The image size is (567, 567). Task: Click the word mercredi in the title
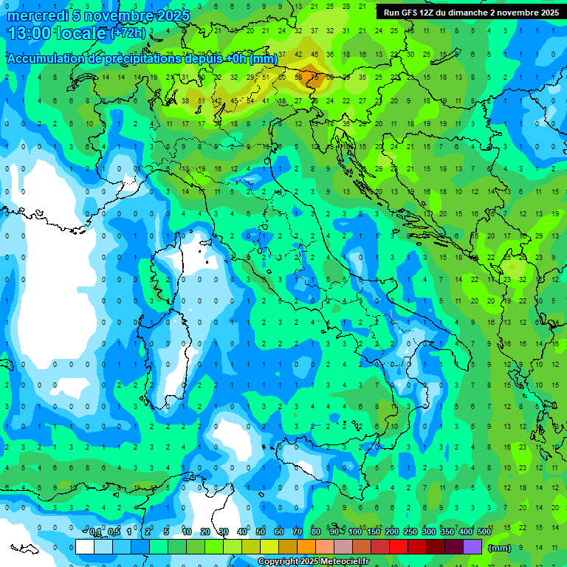pyautogui.click(x=38, y=16)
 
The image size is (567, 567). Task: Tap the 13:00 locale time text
pyautogui.click(x=56, y=33)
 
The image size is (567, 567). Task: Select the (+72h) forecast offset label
pyautogui.click(x=128, y=33)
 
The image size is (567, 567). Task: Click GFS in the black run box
pyautogui.click(x=409, y=13)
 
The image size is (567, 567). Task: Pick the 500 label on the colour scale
pyautogui.click(x=484, y=532)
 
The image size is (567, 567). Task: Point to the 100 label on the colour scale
pyautogui.click(x=355, y=532)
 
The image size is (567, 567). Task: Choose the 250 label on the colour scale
pyautogui.click(x=410, y=532)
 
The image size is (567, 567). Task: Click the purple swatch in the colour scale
pyautogui.click(x=472, y=547)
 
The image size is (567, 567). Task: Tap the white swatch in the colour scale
pyautogui.click(x=85, y=547)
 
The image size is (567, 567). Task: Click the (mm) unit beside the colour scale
pyautogui.click(x=500, y=548)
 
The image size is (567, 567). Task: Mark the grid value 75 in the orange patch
pyautogui.click(x=315, y=77)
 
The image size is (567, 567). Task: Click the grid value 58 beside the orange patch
pyautogui.click(x=298, y=77)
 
